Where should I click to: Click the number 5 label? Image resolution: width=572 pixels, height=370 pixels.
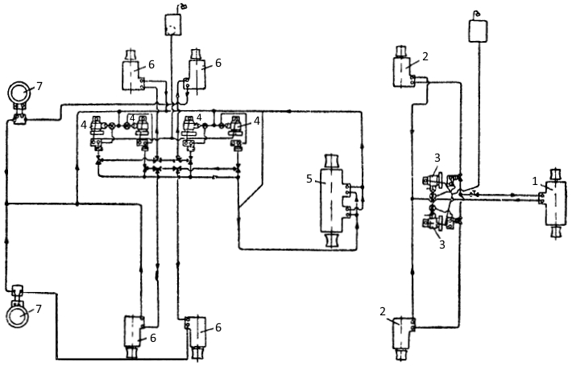309,179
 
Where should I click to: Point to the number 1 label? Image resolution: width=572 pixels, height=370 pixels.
535,181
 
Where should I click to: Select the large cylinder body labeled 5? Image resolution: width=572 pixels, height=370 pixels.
331,199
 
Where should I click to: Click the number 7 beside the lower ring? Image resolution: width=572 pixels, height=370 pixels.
39,309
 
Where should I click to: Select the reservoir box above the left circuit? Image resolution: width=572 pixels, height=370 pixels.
173,25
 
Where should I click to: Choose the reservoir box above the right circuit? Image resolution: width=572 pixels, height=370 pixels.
478,31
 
